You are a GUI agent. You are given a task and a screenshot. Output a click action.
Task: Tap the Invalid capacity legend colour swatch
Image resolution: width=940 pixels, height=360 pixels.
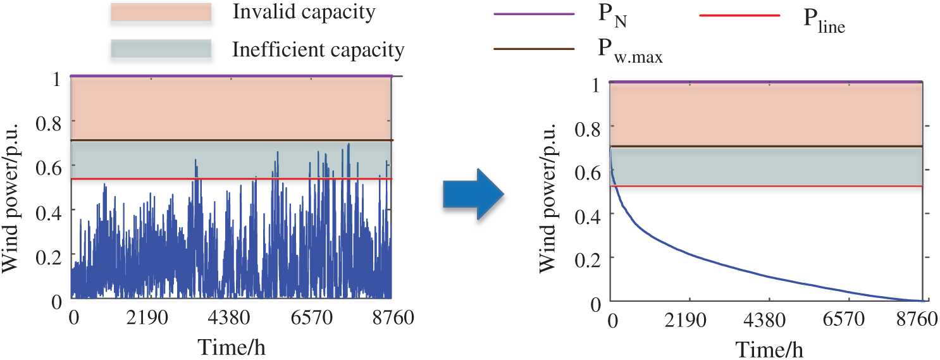point(160,13)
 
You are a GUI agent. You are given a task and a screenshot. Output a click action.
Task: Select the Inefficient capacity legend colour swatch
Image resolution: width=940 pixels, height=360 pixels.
point(160,49)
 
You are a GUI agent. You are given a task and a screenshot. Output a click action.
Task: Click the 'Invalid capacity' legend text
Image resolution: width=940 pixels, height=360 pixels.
point(304,12)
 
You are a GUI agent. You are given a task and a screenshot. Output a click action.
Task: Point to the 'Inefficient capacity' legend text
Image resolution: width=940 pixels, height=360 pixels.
point(318,49)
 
